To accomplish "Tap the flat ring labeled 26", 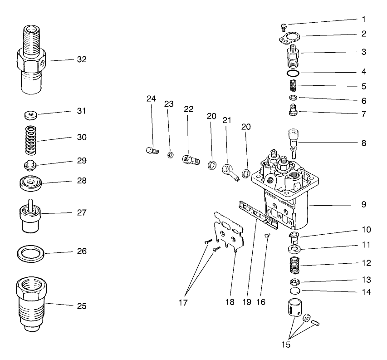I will pos(31,251).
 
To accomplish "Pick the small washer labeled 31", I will pos(31,114).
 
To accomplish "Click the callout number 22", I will pos(189,109).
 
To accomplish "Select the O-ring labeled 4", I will pos(293,73).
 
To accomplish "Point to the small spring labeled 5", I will pos(293,85).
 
